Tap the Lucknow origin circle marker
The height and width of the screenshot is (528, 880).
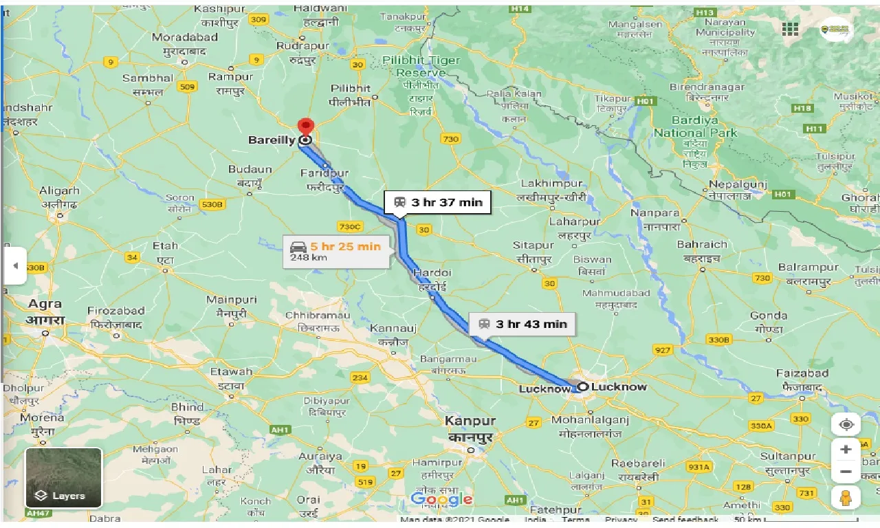(582, 386)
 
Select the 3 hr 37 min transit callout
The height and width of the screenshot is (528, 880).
(438, 202)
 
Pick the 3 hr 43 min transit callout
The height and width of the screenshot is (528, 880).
(523, 324)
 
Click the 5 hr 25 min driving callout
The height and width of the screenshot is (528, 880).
(335, 251)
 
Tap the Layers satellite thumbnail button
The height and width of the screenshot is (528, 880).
(63, 478)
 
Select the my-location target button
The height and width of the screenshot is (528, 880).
(846, 423)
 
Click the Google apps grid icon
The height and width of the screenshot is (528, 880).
(790, 29)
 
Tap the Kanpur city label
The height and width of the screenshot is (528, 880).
(470, 420)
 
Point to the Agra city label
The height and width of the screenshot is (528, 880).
(45, 304)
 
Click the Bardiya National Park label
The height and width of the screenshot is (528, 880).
(695, 127)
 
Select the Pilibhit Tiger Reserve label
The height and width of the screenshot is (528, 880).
(421, 67)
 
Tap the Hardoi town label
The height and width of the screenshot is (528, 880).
(432, 273)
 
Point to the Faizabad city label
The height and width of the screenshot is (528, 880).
(802, 373)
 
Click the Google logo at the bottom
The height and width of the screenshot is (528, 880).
(441, 499)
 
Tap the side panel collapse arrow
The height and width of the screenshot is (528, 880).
(15, 265)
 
